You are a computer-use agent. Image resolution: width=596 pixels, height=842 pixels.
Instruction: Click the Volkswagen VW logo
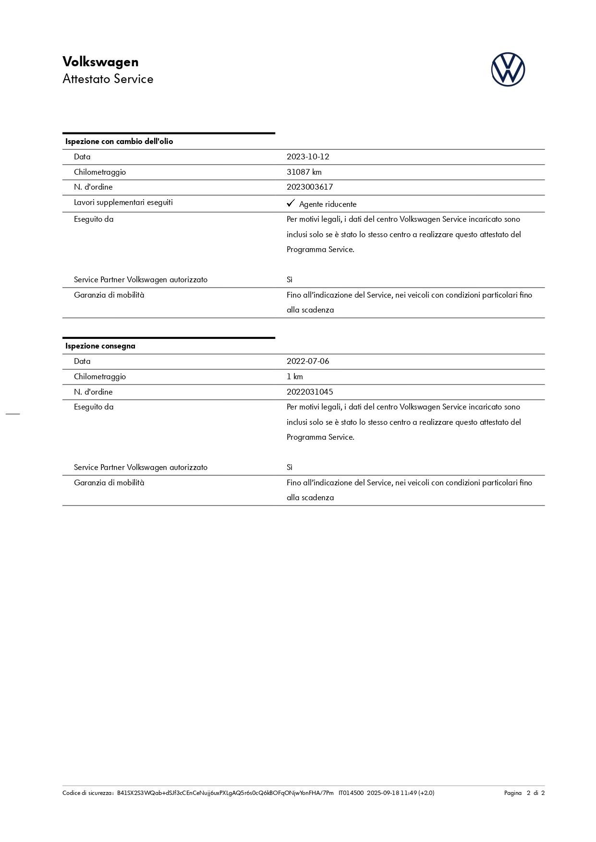pos(508,70)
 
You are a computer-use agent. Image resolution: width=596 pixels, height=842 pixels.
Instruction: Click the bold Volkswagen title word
pos(100,62)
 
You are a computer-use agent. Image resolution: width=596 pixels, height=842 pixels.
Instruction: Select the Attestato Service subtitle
pos(108,79)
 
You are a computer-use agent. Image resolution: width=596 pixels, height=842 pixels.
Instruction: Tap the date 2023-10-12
pos(308,157)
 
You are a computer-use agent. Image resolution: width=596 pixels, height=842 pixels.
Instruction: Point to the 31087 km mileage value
pos(304,172)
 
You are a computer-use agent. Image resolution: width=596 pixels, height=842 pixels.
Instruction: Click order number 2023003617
pos(310,187)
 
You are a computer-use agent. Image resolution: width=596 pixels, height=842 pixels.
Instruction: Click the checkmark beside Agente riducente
pos(291,204)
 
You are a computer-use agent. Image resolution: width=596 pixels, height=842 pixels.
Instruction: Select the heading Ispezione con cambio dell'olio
pos(119,142)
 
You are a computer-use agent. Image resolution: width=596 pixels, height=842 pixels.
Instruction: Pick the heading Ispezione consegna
pos(100,346)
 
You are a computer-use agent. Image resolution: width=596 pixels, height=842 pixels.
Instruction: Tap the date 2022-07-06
pos(308,361)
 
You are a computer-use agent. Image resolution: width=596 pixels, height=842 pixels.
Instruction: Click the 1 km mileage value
pos(295,377)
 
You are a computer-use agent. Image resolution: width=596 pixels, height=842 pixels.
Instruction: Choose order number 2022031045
pos(310,392)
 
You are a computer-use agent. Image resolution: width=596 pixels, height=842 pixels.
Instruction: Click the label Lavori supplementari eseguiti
pos(123,203)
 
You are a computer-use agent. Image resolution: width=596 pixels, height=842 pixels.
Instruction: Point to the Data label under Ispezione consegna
pos(82,361)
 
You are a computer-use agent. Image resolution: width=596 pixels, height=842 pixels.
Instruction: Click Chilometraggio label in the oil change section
pos(100,172)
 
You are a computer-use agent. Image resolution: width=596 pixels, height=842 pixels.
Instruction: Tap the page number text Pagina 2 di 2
pos(524,793)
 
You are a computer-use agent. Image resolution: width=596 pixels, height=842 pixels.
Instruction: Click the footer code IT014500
pos(351,793)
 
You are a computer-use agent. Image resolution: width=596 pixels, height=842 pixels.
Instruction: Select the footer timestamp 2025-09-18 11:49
pos(392,793)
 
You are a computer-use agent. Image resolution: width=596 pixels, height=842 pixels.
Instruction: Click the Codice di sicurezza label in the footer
pos(87,793)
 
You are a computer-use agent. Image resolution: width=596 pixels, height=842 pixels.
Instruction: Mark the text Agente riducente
pos(328,204)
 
